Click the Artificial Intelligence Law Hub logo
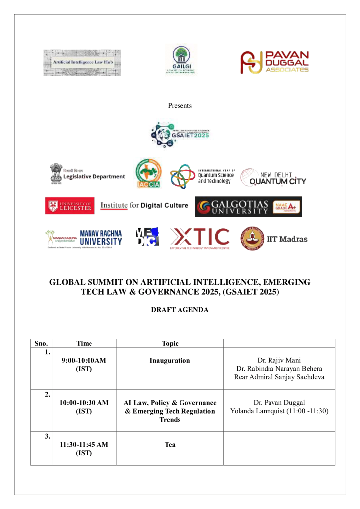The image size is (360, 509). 82,63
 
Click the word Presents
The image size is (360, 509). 180,105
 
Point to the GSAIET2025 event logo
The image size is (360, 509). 180,132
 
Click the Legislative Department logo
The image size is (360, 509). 88,174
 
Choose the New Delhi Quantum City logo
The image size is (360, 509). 273,177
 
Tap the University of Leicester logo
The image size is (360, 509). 70,206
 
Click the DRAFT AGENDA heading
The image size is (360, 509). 180,310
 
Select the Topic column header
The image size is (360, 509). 170,343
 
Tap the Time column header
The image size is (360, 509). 84,343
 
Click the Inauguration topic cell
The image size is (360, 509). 170,360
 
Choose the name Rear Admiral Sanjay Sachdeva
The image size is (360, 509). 278,377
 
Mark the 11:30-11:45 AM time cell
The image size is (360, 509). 84,449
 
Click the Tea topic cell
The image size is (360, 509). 170,445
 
